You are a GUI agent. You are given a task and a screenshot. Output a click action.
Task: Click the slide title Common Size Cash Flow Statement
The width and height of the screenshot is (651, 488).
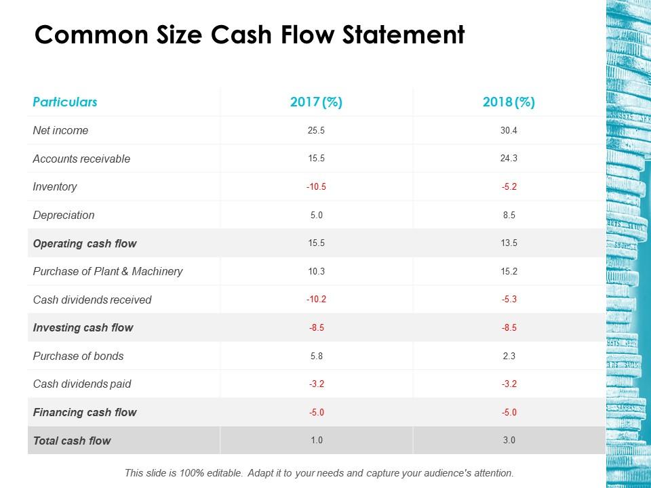coord(250,35)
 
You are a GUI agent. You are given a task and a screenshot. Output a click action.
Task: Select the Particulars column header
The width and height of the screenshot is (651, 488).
coord(65,102)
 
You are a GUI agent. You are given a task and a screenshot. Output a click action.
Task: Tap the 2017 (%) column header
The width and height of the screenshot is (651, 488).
coord(316,102)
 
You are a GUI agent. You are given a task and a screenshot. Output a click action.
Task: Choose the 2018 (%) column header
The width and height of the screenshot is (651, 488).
coord(509,102)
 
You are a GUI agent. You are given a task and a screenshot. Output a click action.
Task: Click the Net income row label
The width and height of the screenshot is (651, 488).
coord(60,130)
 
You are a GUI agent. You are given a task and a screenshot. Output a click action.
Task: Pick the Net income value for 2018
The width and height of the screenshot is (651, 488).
coord(509,130)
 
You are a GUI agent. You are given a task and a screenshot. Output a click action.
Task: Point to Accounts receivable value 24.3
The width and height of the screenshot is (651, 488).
coord(509,159)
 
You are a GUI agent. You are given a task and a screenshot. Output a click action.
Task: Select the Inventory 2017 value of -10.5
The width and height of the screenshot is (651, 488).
coord(316,187)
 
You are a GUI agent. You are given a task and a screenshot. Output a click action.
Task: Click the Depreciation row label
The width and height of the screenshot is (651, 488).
coord(64,215)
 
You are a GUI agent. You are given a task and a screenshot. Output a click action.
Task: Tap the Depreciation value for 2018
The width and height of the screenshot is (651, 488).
coord(509,215)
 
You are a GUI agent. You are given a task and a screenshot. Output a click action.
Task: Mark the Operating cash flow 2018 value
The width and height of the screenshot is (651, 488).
coord(509,243)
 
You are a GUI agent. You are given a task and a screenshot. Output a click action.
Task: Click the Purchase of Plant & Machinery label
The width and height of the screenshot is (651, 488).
coord(108,271)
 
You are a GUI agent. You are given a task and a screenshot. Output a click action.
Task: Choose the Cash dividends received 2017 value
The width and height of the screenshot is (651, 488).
coord(316,300)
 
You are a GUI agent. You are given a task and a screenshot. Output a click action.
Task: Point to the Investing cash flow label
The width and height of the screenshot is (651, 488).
coord(83,327)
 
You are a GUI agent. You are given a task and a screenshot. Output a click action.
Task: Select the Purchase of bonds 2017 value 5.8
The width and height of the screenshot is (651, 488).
coord(316,356)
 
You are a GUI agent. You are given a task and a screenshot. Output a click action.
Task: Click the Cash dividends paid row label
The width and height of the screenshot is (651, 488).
coord(82,384)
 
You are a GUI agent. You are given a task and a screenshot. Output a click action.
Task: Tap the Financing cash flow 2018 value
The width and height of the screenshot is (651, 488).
coord(509,412)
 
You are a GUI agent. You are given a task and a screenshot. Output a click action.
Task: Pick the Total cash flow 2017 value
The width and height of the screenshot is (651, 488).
coord(316,441)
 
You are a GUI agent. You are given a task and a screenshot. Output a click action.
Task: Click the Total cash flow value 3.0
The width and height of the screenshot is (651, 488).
coord(509,441)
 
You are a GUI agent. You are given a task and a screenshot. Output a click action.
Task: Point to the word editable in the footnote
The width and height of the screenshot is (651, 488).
coord(222,472)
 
